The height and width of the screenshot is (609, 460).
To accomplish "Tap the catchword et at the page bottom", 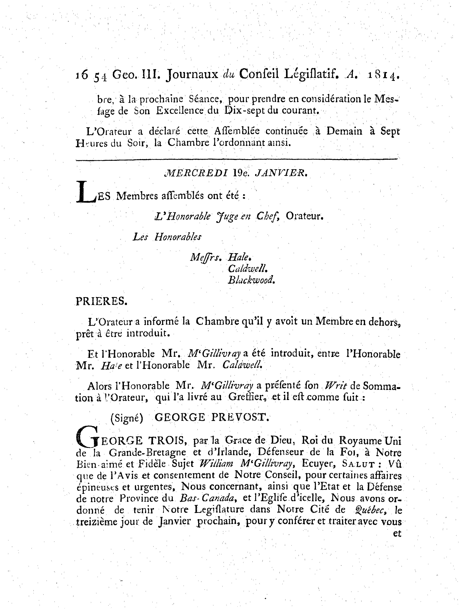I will pos(397,534).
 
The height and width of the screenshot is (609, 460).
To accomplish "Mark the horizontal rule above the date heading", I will pos(237,159).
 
